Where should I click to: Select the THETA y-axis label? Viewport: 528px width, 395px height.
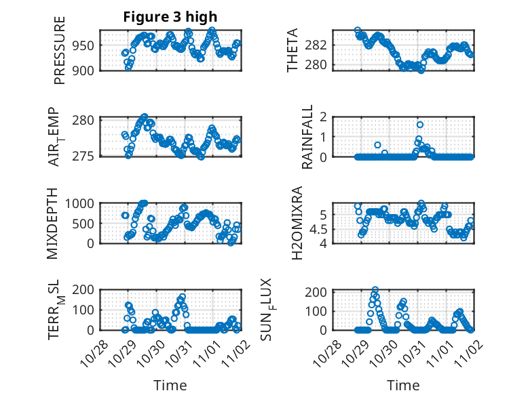pos(293,50)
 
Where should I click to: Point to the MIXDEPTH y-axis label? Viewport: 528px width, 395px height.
pos(52,224)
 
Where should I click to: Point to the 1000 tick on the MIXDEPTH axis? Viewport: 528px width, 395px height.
pos(83,203)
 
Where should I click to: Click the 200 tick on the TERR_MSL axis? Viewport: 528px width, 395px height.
pos(86,290)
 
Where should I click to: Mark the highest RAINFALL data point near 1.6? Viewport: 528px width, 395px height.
pos(420,125)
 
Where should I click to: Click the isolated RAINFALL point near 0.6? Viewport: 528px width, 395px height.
pos(377,145)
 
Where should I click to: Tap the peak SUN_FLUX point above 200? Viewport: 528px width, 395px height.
pos(375,290)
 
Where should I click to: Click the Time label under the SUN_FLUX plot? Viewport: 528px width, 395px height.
pos(403,385)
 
